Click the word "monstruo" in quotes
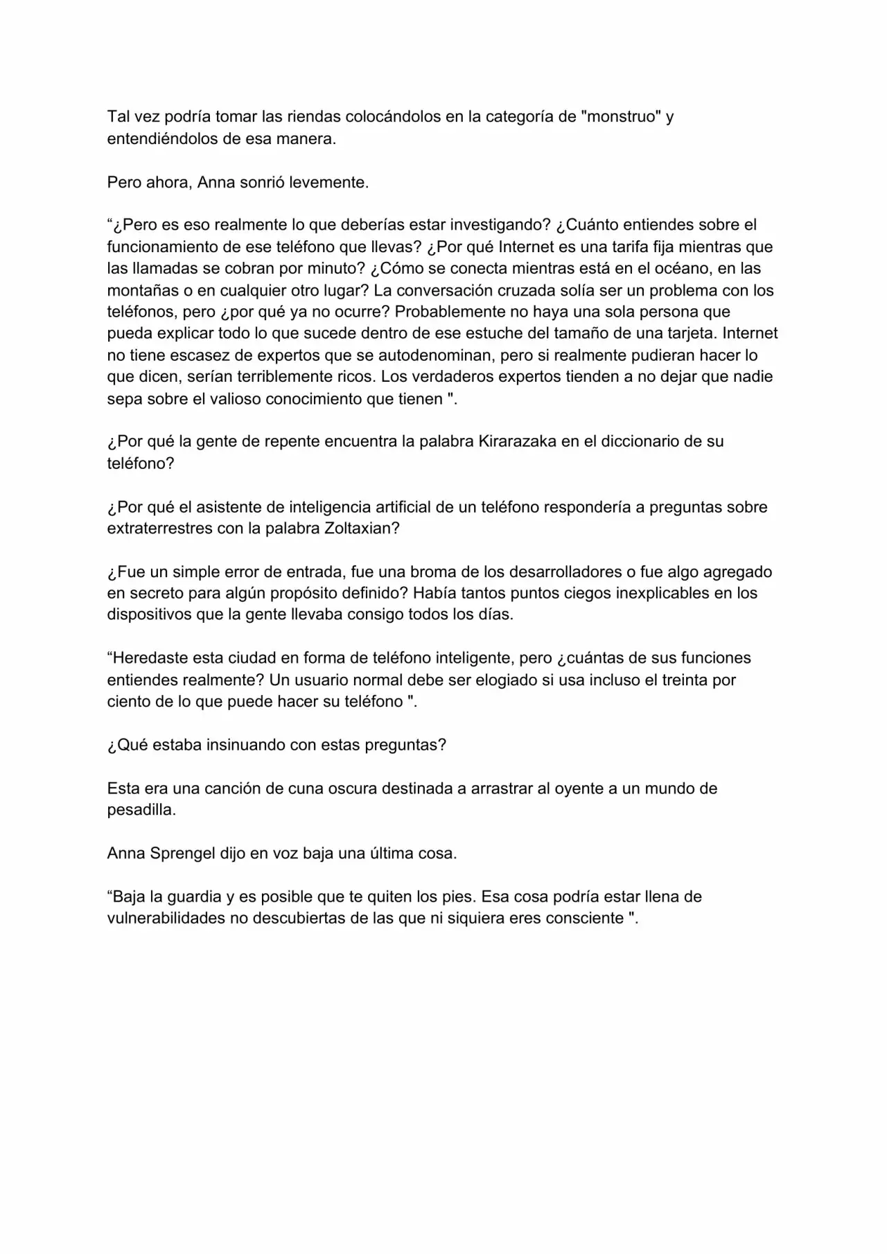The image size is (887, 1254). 622,116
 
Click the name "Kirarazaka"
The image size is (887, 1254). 517,441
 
